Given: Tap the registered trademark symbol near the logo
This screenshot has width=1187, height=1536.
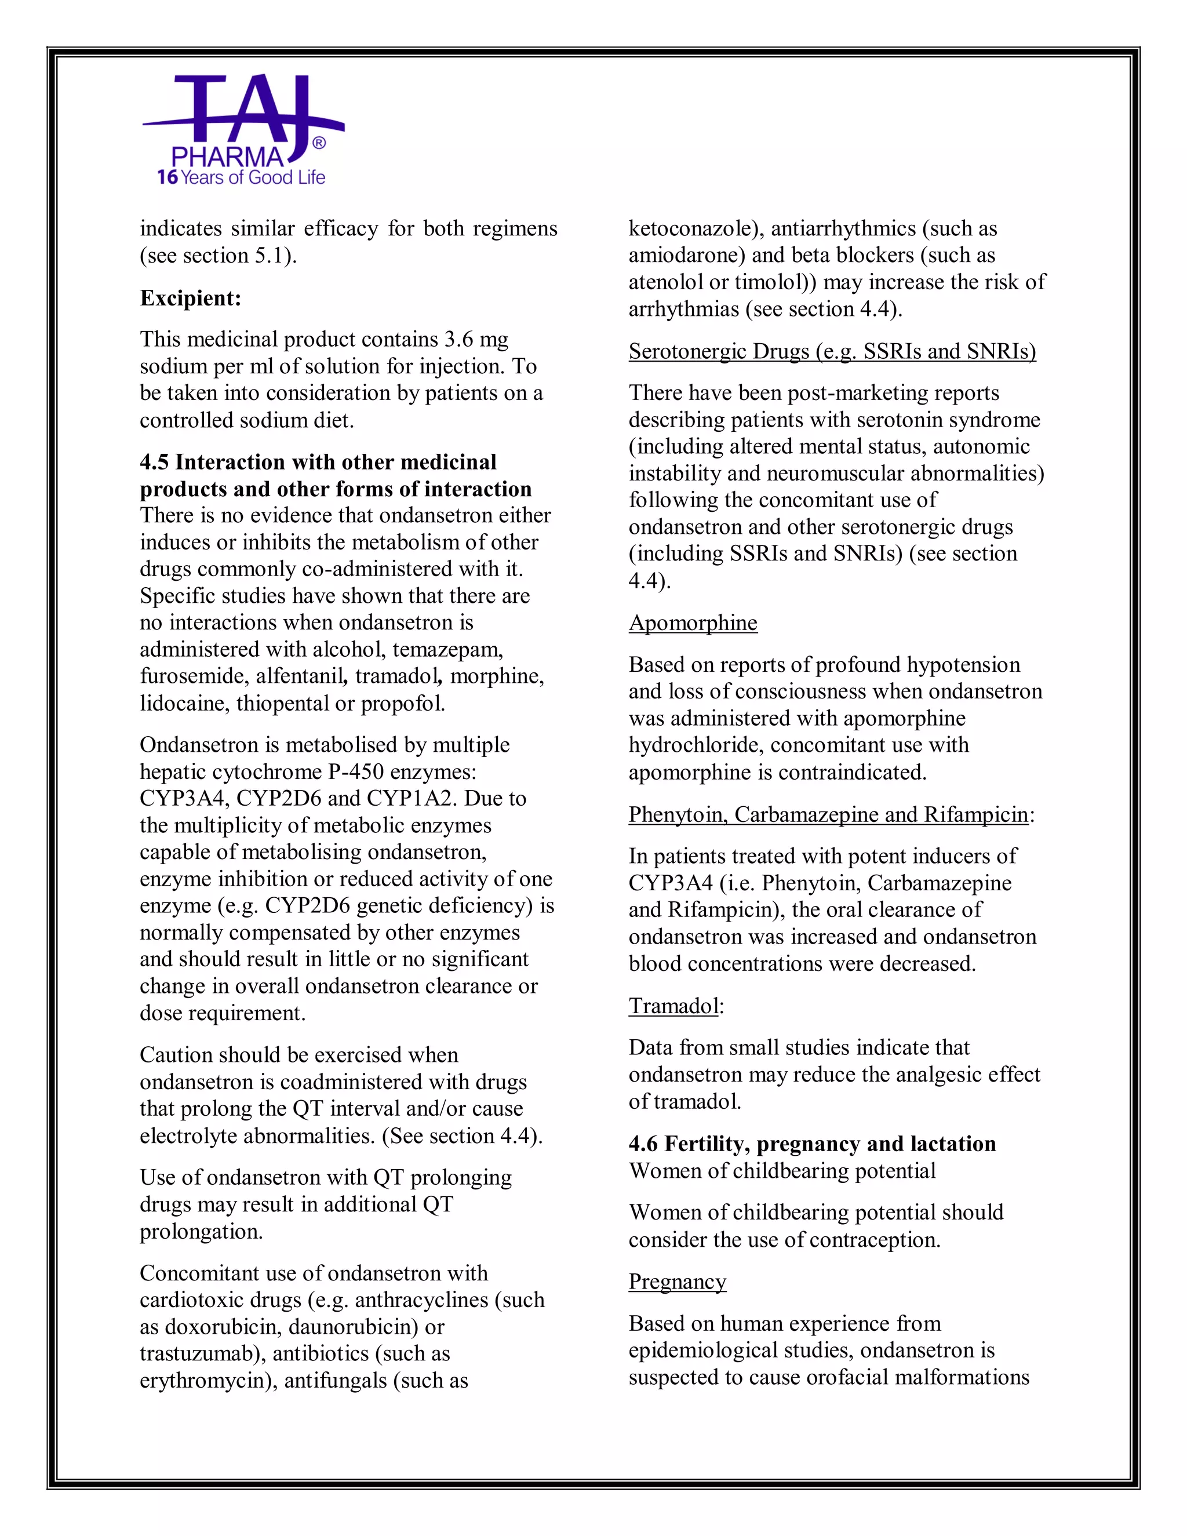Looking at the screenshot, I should click(319, 144).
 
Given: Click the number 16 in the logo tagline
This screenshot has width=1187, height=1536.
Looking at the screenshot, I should click(168, 177).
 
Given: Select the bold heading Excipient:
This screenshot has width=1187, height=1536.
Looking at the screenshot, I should click(191, 298).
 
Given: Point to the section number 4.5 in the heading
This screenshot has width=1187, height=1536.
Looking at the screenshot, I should click(154, 462).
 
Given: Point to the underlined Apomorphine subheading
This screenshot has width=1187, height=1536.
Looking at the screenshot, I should click(693, 623).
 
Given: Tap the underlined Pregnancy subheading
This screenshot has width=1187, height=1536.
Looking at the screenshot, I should click(677, 1282).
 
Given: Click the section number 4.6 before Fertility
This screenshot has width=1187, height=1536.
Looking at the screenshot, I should click(643, 1144).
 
